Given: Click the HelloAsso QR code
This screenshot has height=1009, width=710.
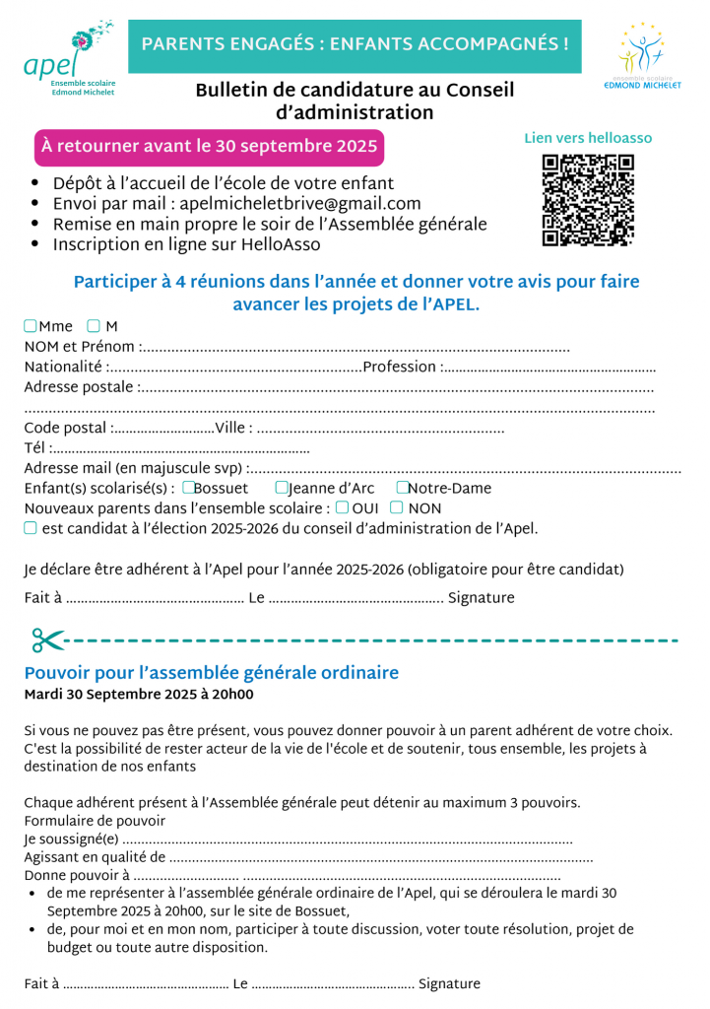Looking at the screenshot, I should pyautogui.click(x=588, y=200).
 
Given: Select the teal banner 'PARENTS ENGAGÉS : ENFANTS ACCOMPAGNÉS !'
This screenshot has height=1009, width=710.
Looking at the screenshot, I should pyautogui.click(x=355, y=44).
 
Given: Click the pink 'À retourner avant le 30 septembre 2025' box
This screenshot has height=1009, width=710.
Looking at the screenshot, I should pyautogui.click(x=209, y=147).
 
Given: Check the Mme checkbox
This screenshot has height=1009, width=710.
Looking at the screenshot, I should pyautogui.click(x=31, y=326).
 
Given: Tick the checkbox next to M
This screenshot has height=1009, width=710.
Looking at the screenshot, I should pyautogui.click(x=93, y=326).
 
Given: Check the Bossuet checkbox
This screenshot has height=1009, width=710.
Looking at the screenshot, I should pyautogui.click(x=188, y=488).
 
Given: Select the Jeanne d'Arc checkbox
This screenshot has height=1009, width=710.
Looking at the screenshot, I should pyautogui.click(x=282, y=488).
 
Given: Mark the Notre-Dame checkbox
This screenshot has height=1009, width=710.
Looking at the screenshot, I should pyautogui.click(x=402, y=488).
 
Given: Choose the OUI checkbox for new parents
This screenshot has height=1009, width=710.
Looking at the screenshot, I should pyautogui.click(x=342, y=508).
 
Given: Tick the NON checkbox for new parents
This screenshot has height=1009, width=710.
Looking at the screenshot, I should pyautogui.click(x=396, y=508).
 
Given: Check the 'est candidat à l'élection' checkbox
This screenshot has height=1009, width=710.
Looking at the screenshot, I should pyautogui.click(x=31, y=528).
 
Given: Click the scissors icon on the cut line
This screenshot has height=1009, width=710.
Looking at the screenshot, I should pyautogui.click(x=47, y=640).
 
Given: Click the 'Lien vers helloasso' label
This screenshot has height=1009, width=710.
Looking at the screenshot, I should pyautogui.click(x=588, y=139).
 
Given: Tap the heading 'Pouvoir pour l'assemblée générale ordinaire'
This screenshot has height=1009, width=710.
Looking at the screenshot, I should pyautogui.click(x=211, y=673).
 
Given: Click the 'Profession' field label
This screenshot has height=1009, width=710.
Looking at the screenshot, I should pyautogui.click(x=399, y=367).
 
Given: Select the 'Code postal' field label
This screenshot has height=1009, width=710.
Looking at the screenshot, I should pyautogui.click(x=65, y=428).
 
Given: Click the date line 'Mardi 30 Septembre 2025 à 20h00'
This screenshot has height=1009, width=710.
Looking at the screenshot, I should pyautogui.click(x=138, y=695).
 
